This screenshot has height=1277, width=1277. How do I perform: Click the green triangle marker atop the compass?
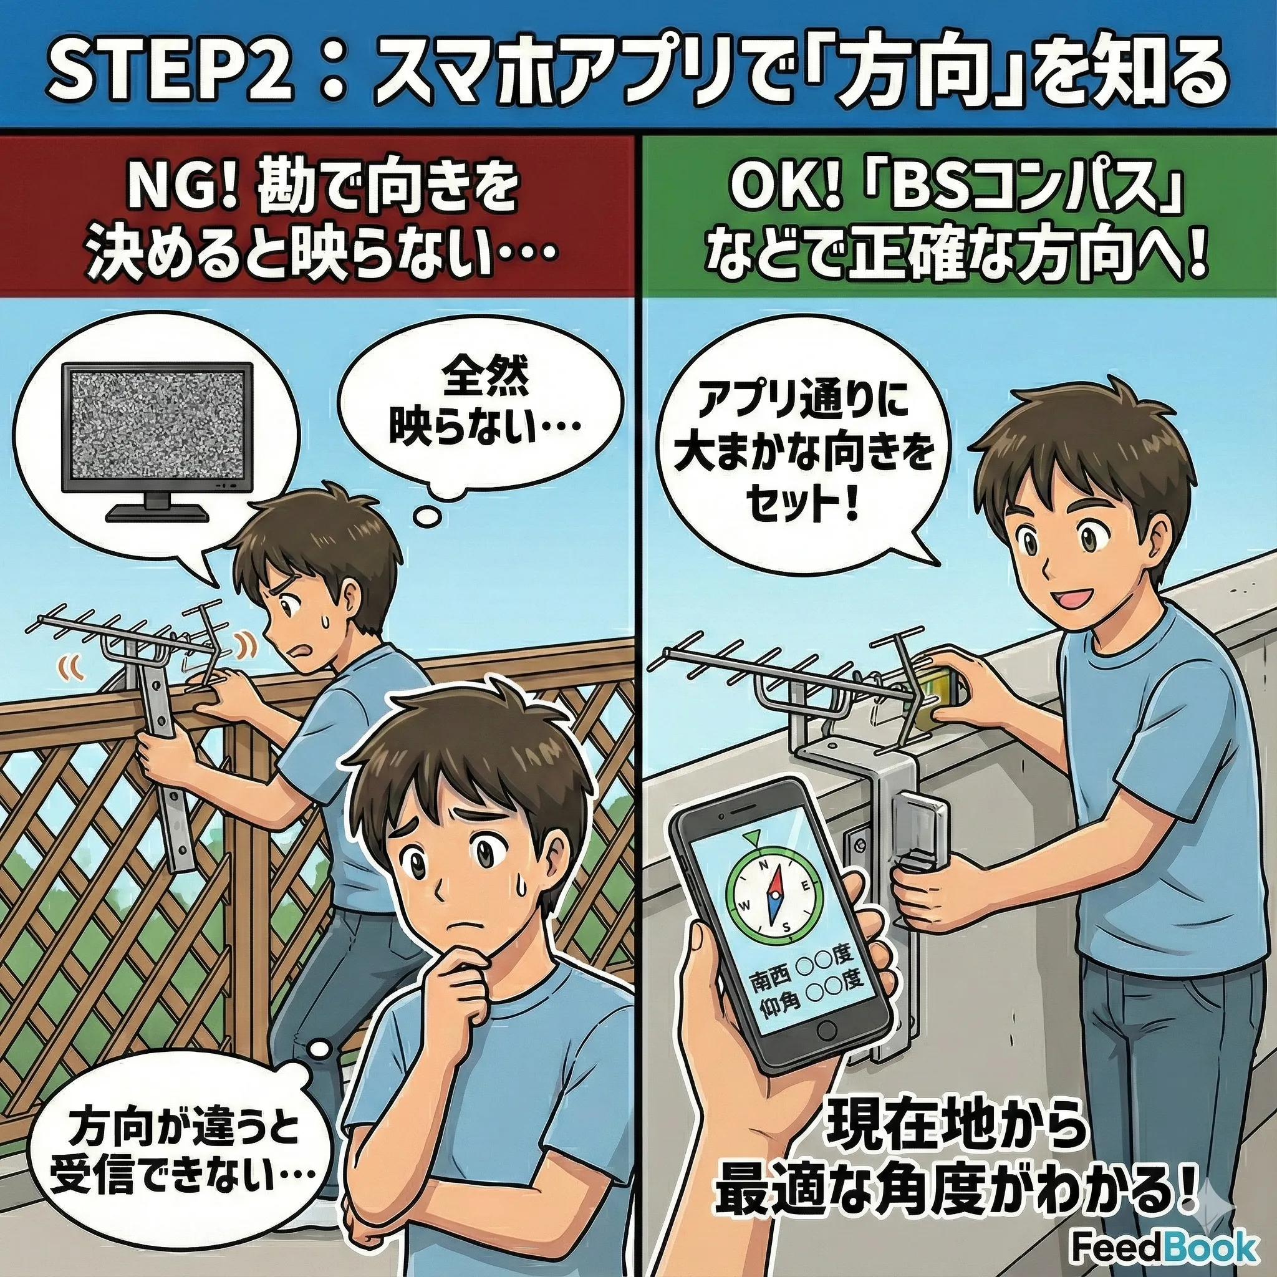point(751,840)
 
